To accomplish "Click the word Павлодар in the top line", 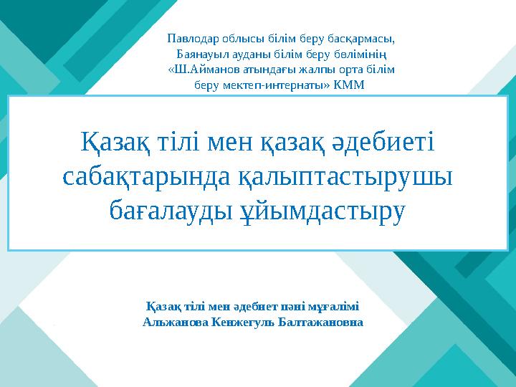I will tap(191, 38).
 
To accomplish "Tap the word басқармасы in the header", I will tap(365, 38).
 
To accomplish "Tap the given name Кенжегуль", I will tap(243, 322).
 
